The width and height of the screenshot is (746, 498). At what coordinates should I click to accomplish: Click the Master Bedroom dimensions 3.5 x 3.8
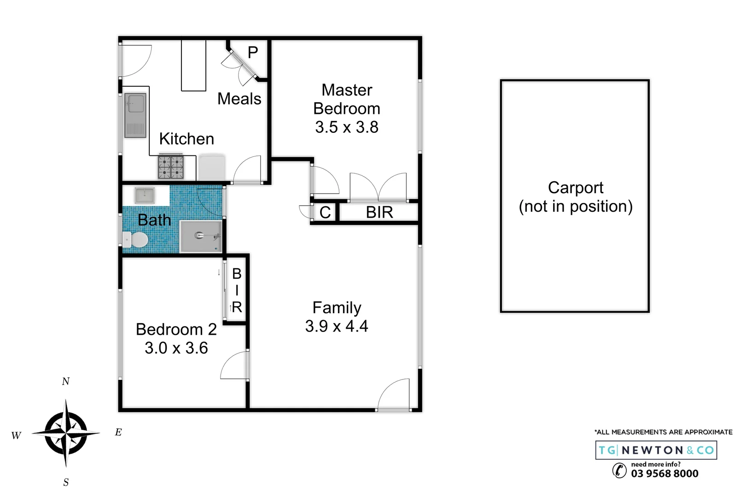tap(346, 127)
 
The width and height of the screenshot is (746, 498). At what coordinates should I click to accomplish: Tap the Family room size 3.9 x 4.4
tap(336, 326)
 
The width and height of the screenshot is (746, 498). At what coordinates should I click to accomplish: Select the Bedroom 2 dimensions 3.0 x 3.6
tap(176, 348)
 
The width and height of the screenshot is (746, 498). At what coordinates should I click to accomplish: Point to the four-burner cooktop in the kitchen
tap(171, 167)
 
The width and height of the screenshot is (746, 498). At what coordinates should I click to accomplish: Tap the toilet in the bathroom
tap(136, 240)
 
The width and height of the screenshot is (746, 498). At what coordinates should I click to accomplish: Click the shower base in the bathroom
tap(201, 236)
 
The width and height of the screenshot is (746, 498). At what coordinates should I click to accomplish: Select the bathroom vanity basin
tap(145, 195)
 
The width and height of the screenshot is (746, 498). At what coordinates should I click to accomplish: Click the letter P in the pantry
tap(253, 53)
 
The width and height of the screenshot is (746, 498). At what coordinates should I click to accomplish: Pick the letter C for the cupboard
tap(325, 213)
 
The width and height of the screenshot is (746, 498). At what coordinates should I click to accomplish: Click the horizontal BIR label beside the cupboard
tap(379, 213)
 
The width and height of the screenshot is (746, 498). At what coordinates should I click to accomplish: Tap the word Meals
tap(239, 99)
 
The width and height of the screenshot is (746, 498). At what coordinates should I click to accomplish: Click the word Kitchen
tap(186, 139)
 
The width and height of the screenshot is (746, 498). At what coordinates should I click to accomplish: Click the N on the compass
tap(66, 381)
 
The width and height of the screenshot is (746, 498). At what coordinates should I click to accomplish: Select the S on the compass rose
tap(66, 482)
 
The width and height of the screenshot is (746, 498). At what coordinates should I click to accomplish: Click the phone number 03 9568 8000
tap(664, 474)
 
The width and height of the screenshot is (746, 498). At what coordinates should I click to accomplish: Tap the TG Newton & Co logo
tap(656, 450)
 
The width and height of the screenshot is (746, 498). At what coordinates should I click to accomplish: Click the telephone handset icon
tap(619, 470)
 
